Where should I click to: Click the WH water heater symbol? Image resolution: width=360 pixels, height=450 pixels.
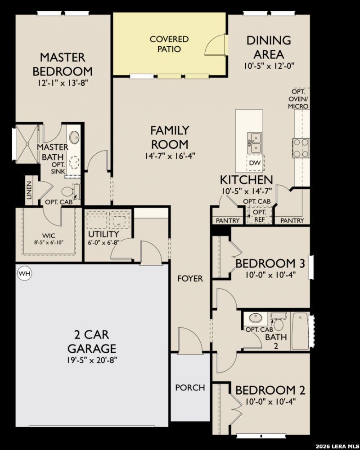pos(24,273)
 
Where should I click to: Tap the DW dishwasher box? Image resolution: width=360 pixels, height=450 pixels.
pos(255,163)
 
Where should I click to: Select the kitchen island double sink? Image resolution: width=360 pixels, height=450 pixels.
pos(254,143)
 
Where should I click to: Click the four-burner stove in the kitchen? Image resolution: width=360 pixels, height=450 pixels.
pos(301,148)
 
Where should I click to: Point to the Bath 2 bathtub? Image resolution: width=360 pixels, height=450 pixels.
pos(300,331)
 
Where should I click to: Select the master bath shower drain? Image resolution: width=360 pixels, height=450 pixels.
pos(27,143)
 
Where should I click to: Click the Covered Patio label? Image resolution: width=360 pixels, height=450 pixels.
pos(169,44)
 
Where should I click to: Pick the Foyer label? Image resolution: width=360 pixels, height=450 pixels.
pos(190,278)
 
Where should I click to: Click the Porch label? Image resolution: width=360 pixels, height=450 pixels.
pos(190,388)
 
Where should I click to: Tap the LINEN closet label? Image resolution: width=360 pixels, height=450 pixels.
pos(29,191)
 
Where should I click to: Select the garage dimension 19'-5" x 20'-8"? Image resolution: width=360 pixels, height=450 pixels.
pos(92,360)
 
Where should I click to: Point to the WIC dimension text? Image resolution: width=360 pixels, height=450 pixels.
pos(49,242)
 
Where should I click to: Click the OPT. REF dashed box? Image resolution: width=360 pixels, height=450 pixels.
pos(260,215)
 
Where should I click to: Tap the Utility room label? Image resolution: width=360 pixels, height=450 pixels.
pos(103,234)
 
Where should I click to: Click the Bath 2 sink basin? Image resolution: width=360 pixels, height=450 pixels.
pos(255,318)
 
